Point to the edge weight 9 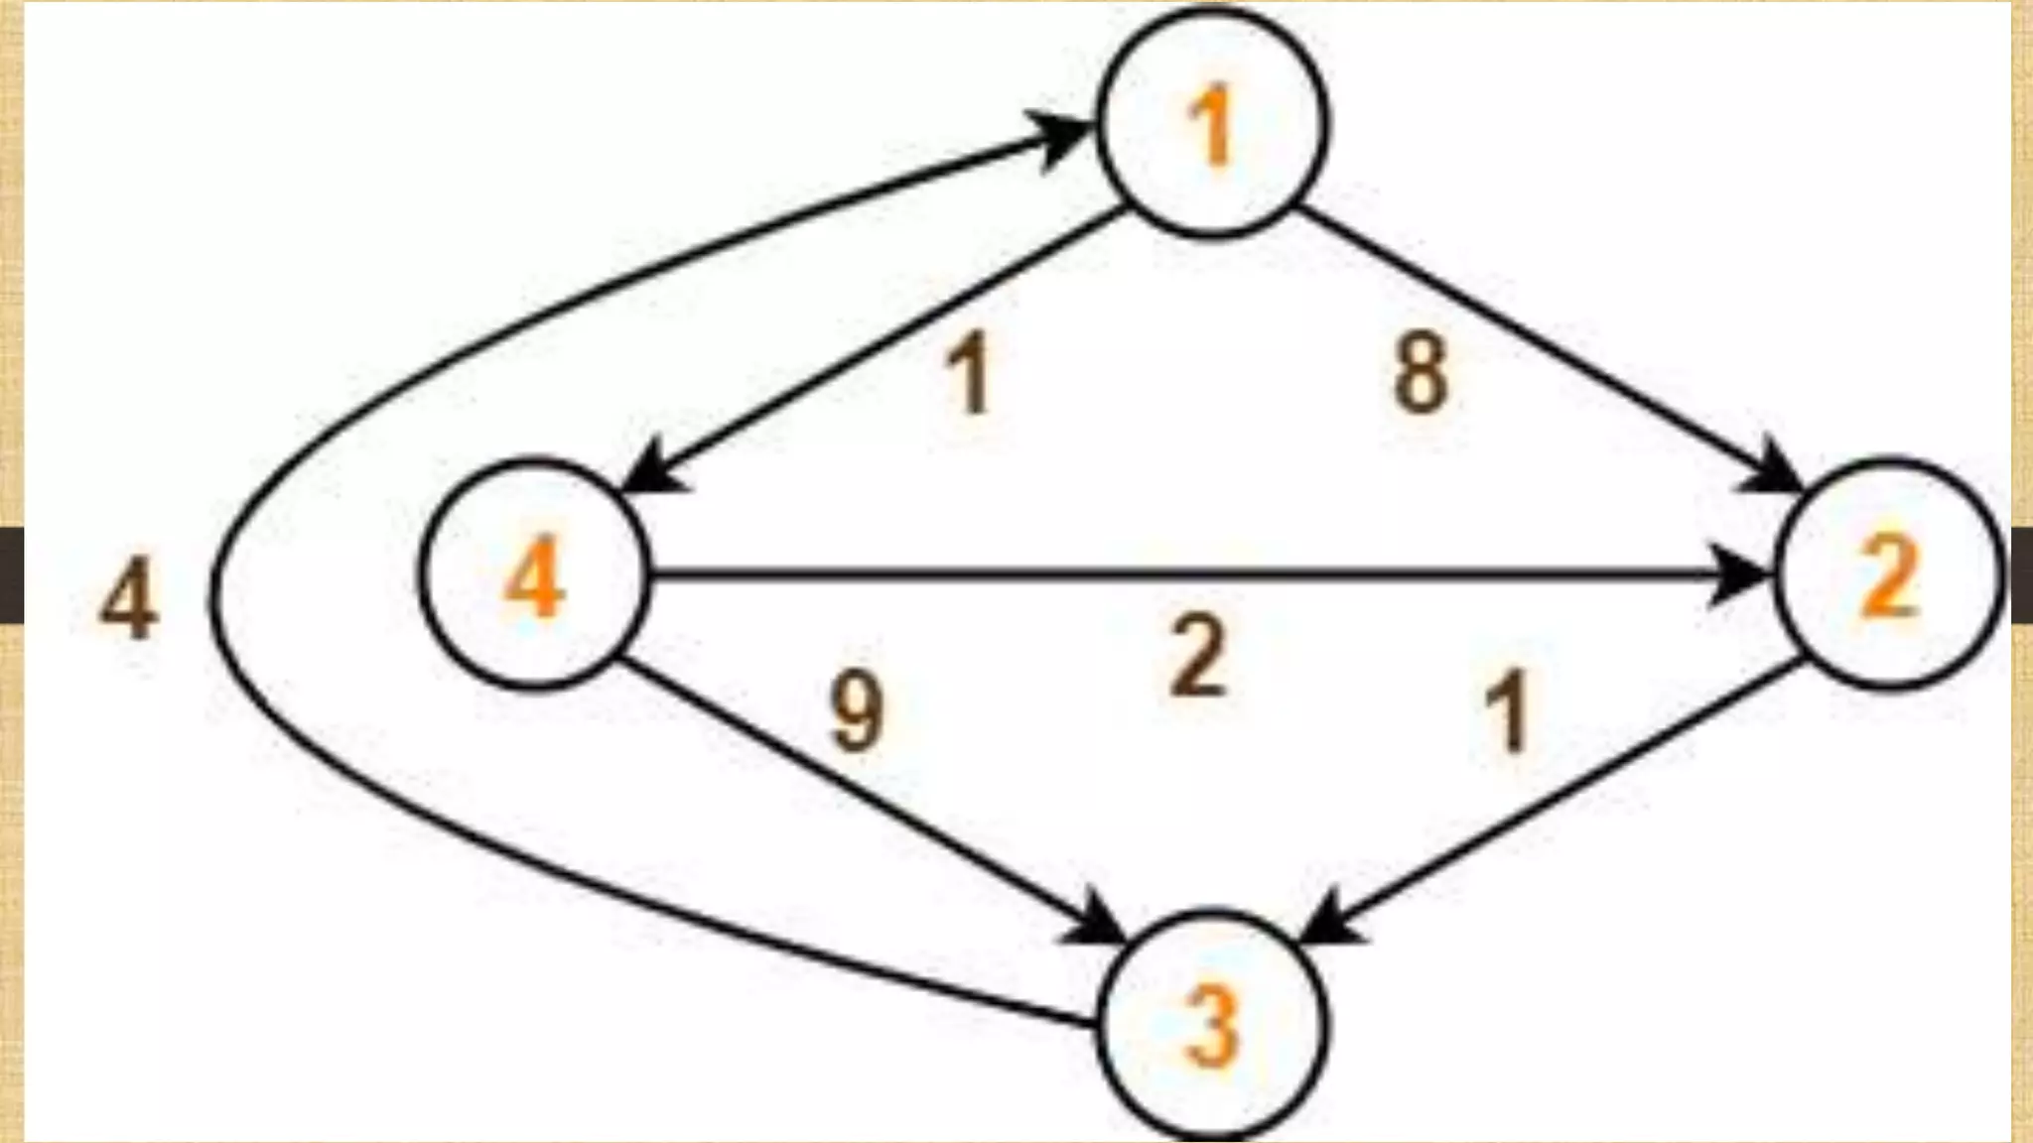pyautogui.click(x=856, y=710)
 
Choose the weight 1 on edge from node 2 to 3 pyautogui.click(x=1509, y=710)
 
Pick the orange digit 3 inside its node pyautogui.click(x=1211, y=1029)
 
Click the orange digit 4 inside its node pyautogui.click(x=534, y=579)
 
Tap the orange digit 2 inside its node pyautogui.click(x=1889, y=577)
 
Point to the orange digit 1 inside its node pyautogui.click(x=1211, y=127)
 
